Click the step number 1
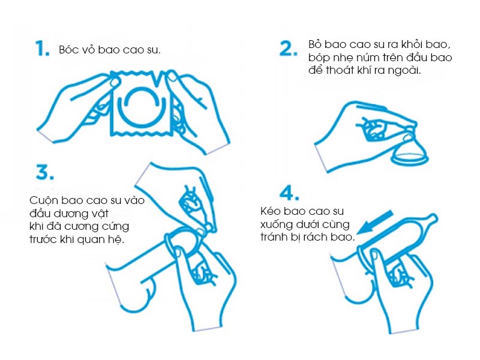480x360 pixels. coord(42,49)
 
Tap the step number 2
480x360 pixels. coord(289,49)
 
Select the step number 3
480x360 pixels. coord(44,172)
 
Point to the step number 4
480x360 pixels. coord(289,193)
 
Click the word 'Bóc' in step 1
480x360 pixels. coord(67,50)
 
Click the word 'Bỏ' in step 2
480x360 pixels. coord(314,44)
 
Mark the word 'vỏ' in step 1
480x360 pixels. coord(87,50)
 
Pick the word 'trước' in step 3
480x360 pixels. coord(43,239)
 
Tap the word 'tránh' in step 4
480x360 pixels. coord(274,237)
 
